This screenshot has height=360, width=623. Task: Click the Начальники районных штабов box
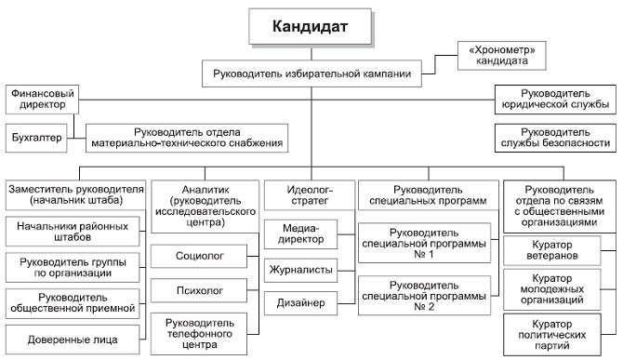tap(73, 230)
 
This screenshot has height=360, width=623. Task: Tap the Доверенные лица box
tap(73, 338)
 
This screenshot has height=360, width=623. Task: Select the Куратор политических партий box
tap(556, 334)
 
